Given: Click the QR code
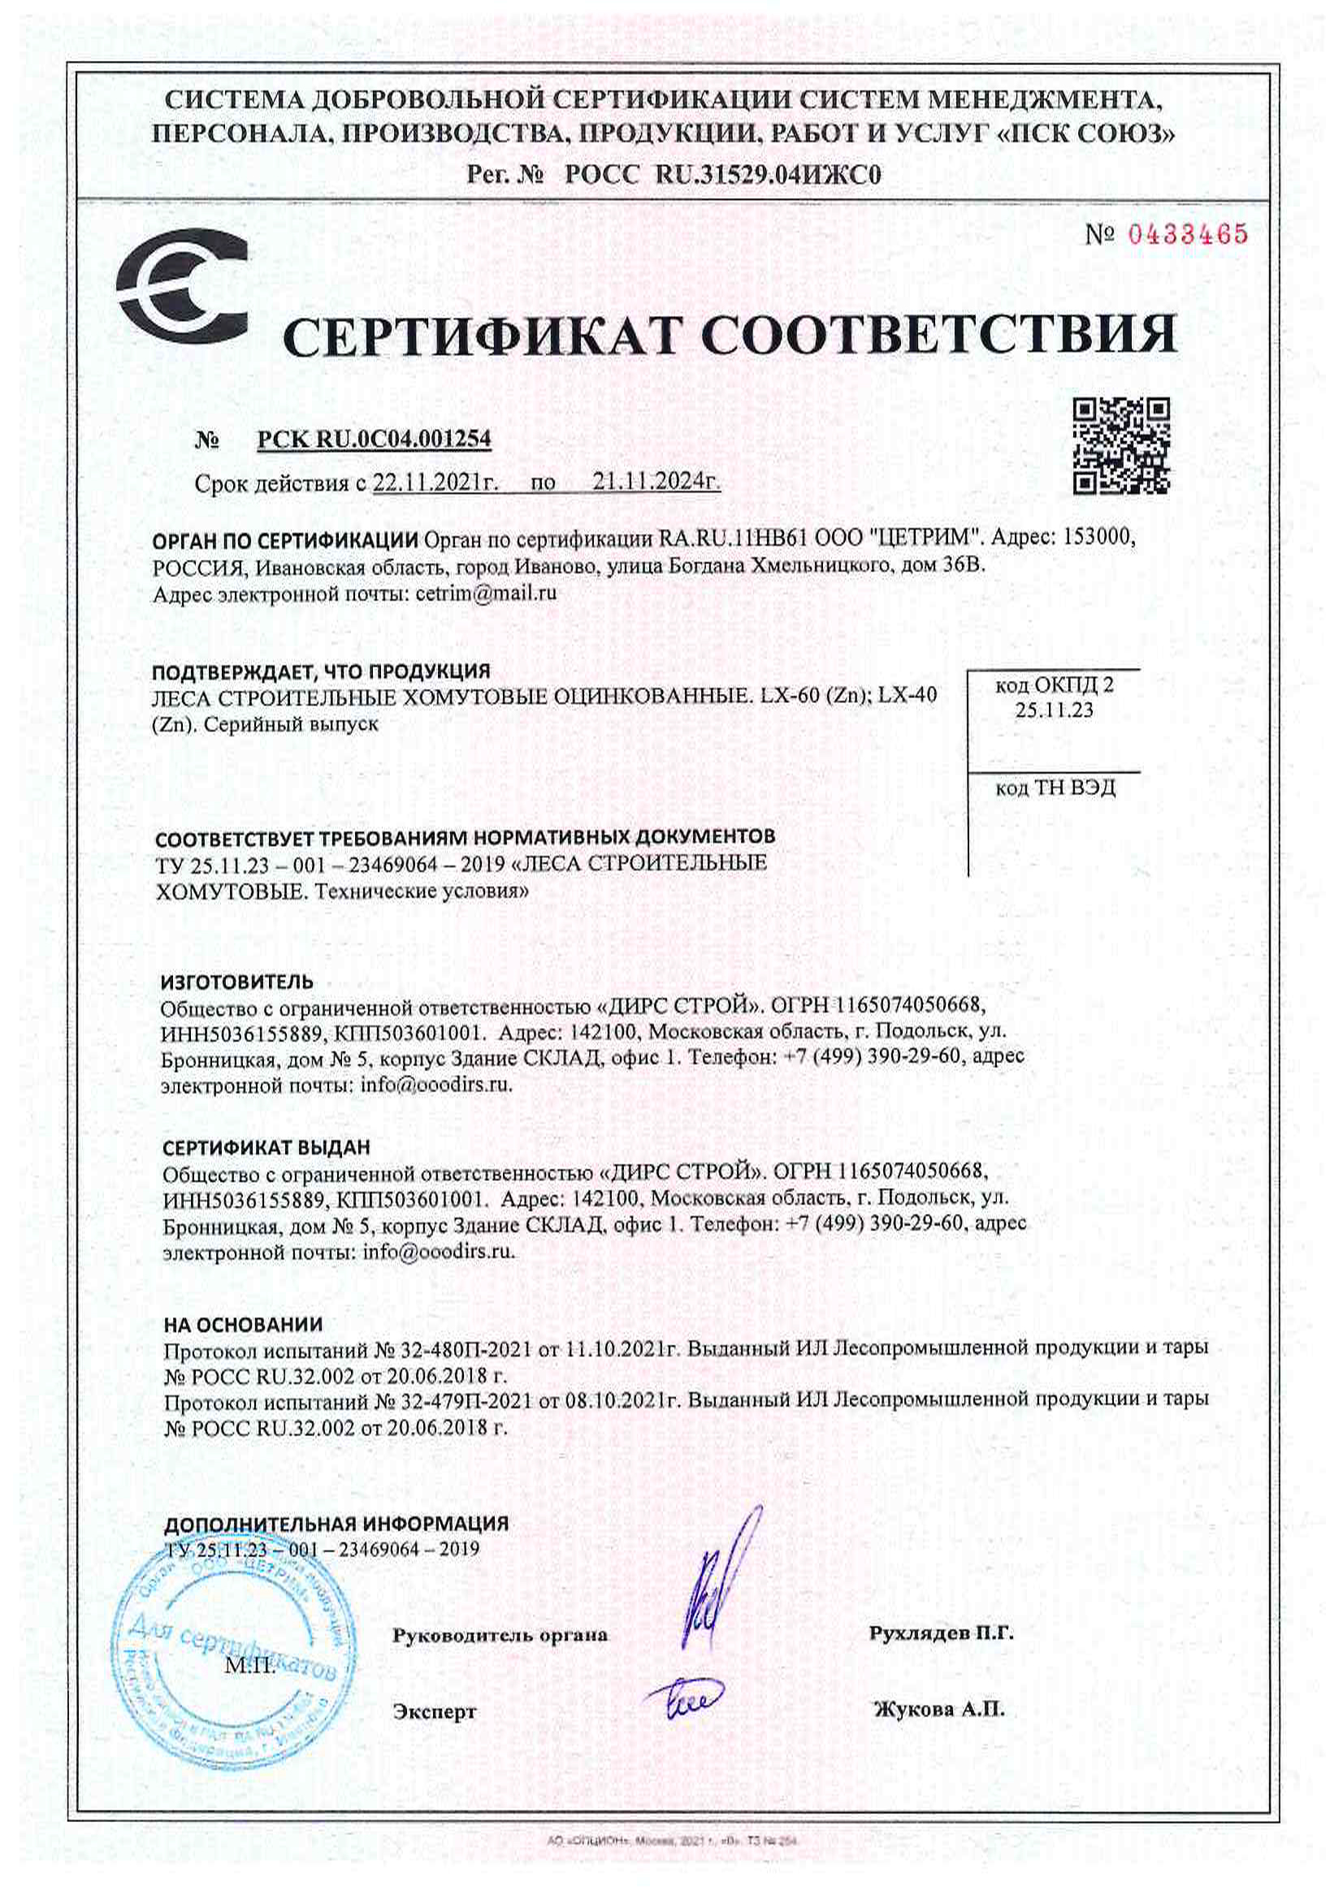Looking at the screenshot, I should (x=1120, y=445).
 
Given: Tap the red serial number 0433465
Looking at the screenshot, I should (x=1187, y=234).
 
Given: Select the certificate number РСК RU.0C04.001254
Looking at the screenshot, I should (x=374, y=439).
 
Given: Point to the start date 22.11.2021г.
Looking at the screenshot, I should (x=435, y=483).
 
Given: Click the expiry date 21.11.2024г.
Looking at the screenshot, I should (x=656, y=483).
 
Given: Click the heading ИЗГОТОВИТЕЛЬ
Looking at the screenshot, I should (x=236, y=982).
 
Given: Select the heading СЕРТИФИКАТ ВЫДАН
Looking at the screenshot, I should (x=266, y=1147).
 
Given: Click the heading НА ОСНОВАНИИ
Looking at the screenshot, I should (x=243, y=1324).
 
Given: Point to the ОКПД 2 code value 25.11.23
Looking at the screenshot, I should (x=1055, y=710).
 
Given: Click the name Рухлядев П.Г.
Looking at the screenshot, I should (x=941, y=1633).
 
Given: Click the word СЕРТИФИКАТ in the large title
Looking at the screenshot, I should (x=486, y=336).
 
